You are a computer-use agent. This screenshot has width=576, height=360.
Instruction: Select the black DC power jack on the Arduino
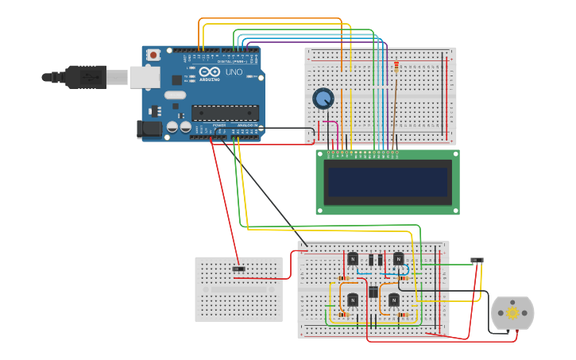(x=149, y=129)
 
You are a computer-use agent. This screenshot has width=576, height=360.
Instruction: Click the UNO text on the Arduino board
(x=234, y=72)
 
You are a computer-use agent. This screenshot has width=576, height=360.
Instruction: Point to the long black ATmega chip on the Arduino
(x=225, y=114)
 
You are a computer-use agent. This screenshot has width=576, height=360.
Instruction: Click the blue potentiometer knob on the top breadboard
(x=323, y=99)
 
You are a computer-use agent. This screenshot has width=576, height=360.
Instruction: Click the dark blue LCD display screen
(x=387, y=182)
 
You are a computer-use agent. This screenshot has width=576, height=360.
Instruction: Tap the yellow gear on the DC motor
(x=512, y=313)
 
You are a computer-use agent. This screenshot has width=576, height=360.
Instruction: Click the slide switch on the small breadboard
(x=238, y=269)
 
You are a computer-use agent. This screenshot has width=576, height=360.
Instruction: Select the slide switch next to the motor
(x=477, y=261)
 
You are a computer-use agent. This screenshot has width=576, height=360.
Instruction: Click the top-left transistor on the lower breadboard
(x=352, y=258)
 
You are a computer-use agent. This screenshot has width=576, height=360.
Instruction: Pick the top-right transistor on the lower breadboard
(x=398, y=258)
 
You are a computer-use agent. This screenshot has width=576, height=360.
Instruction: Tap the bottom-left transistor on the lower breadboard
(x=352, y=300)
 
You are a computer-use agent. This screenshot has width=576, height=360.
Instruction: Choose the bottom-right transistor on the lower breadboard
(x=393, y=300)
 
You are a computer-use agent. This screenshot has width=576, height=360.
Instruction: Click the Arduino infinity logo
(x=210, y=72)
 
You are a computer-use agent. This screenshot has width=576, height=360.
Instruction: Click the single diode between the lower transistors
(x=373, y=292)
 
